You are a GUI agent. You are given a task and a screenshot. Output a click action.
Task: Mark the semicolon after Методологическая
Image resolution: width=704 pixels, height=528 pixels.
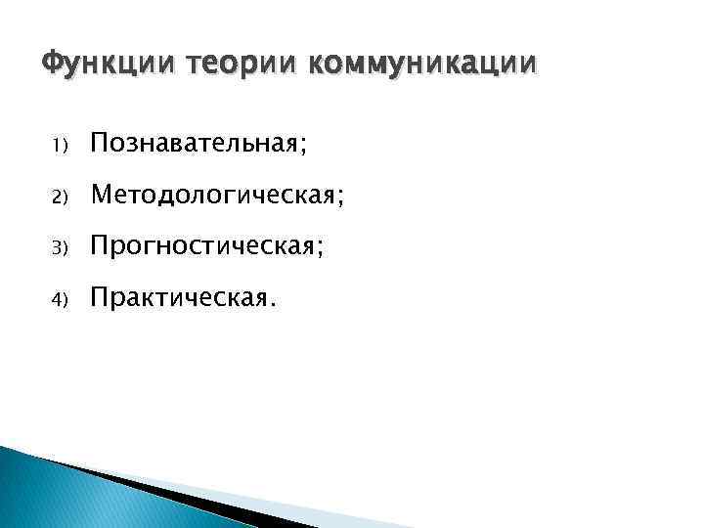click(x=339, y=199)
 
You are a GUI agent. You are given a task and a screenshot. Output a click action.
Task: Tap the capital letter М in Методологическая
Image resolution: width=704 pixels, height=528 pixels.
click(x=101, y=196)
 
